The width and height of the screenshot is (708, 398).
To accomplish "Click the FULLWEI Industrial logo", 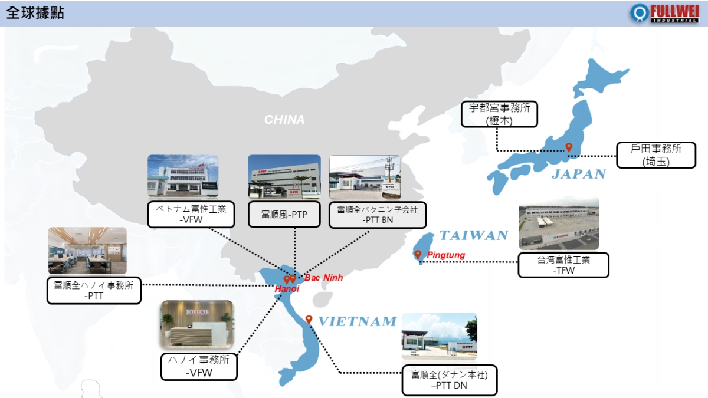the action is click(x=664, y=13).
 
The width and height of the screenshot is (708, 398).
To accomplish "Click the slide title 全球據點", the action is click(x=35, y=13).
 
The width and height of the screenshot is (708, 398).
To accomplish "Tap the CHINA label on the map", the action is click(x=284, y=119).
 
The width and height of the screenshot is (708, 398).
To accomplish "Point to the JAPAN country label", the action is click(x=579, y=174).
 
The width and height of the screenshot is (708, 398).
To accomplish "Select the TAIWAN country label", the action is click(x=474, y=235).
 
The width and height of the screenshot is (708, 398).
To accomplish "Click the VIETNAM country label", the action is click(x=358, y=321).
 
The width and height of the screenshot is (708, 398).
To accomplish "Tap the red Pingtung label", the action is click(x=445, y=255).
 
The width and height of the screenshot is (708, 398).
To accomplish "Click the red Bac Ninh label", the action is click(x=324, y=278).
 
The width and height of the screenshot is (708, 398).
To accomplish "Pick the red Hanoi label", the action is click(x=287, y=289).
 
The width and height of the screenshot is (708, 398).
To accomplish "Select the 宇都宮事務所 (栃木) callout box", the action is click(x=499, y=114).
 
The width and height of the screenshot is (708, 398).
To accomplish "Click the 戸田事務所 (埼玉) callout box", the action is click(x=656, y=155).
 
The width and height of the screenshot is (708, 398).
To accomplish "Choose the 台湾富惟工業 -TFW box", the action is click(x=563, y=265).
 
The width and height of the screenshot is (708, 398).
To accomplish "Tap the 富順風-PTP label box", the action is click(x=284, y=215).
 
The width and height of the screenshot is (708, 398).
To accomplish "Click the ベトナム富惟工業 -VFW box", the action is click(x=191, y=214).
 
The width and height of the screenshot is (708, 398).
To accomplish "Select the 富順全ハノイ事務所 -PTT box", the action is click(x=94, y=291).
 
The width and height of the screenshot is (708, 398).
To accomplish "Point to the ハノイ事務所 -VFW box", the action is click(x=199, y=367).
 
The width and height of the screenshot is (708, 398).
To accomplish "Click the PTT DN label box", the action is click(x=449, y=380).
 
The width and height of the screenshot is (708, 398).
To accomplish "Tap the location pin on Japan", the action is click(x=569, y=147).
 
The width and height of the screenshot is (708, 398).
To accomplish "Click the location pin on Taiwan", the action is click(x=418, y=254).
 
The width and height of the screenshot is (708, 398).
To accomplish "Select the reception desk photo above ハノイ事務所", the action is click(x=197, y=324).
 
